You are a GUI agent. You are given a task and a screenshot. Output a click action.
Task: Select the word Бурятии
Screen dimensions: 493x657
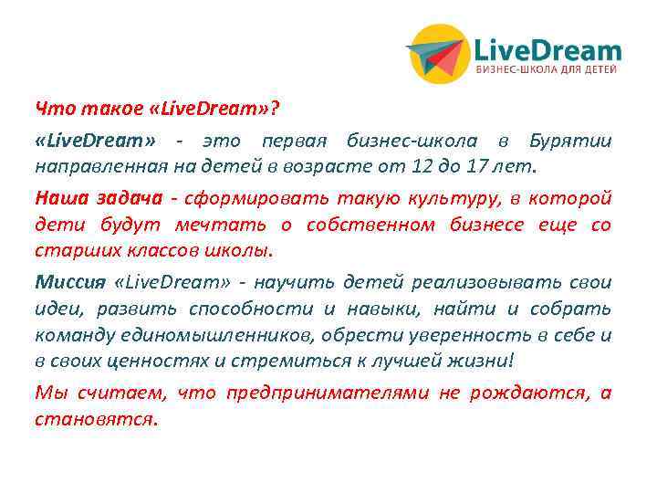tap(576, 142)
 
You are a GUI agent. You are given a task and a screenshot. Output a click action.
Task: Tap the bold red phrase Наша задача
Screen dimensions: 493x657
tap(86, 198)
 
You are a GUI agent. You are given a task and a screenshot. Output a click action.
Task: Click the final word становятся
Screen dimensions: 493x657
tap(95, 421)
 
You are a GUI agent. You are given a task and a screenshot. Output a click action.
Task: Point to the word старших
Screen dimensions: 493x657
tap(67, 250)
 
